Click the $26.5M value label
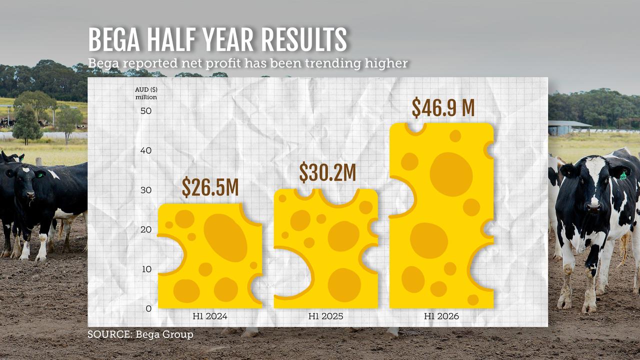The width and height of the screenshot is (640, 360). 210,187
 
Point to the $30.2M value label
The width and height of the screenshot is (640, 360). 327,172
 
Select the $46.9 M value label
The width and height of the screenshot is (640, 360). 442,107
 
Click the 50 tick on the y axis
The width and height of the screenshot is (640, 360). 145,110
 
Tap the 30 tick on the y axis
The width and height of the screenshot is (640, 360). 145,190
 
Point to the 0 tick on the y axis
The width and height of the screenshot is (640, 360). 148,308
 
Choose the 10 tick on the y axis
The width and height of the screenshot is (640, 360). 145,269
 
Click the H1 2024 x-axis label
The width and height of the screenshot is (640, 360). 210,316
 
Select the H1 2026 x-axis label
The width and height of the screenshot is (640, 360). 441,316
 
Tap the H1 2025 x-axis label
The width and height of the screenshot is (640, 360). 326,316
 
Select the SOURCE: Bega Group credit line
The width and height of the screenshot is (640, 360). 140,334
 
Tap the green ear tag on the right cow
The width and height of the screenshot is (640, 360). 623,175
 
